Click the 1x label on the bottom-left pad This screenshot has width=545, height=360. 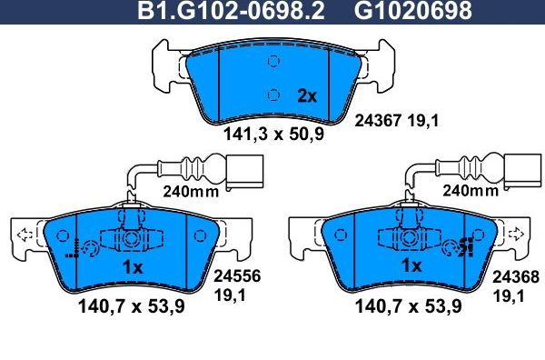tap(133, 267)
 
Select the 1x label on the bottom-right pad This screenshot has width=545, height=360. tap(412, 267)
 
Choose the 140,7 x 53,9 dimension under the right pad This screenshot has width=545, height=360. tap(410, 307)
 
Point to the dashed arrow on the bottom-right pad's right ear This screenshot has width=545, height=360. tap(518, 235)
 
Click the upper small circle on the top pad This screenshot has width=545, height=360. tap(272, 62)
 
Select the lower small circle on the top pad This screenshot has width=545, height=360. tap(272, 92)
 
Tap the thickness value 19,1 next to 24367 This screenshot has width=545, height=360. tap(423, 118)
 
